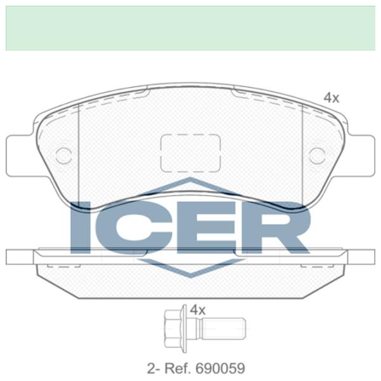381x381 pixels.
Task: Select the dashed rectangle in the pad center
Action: pos(190,153)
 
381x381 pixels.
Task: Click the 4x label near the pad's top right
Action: pos(331,98)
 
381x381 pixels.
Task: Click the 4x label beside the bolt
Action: pos(198,310)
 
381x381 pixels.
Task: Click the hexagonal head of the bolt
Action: pos(173,328)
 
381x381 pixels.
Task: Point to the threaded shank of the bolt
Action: pos(222,328)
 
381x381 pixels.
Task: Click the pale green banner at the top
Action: pos(190,29)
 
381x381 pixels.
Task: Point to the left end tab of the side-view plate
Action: pos(19,257)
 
